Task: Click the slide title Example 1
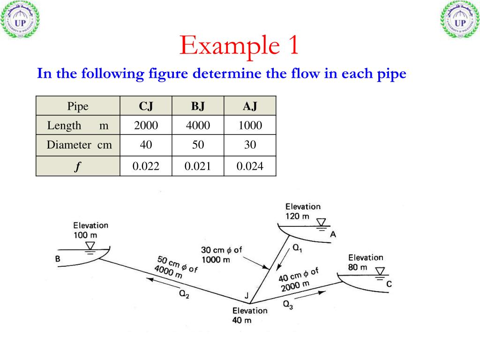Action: [x=239, y=45]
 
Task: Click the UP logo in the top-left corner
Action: [x=20, y=19]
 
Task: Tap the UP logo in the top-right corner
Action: [x=460, y=19]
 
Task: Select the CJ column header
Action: [x=146, y=106]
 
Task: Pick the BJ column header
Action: [x=198, y=106]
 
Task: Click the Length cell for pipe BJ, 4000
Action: [x=198, y=125]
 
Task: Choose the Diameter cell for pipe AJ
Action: [x=250, y=145]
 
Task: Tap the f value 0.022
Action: [x=146, y=165]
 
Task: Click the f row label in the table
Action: [x=77, y=166]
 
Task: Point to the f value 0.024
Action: [x=250, y=165]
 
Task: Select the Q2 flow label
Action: [x=184, y=294]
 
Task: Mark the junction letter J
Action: [x=246, y=295]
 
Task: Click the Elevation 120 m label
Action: [x=303, y=211]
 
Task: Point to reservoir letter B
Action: [x=58, y=259]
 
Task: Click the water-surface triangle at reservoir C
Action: [x=380, y=271]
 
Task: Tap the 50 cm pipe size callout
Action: [x=175, y=268]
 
